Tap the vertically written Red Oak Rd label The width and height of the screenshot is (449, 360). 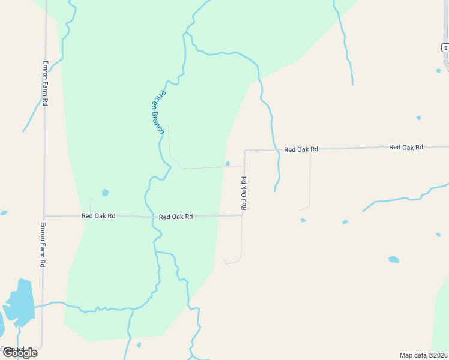[244, 193]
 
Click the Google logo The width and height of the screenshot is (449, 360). [19, 353]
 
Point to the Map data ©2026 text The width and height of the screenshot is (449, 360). [423, 355]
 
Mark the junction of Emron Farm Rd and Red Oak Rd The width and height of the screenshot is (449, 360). [44, 215]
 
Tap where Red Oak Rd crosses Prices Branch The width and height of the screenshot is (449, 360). [152, 216]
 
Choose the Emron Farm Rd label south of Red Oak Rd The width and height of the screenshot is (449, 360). [43, 244]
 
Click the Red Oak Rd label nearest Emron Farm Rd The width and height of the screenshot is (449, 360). [98, 215]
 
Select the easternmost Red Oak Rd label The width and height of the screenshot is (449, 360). [406, 147]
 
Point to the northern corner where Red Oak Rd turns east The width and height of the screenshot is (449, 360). [245, 150]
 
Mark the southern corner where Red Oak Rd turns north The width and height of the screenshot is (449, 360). [242, 215]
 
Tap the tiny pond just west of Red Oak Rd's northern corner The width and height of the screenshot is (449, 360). [228, 163]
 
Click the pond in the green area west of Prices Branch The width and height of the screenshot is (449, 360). [105, 193]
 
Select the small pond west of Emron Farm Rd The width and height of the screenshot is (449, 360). [4, 212]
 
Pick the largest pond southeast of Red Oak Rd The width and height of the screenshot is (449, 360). [393, 259]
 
